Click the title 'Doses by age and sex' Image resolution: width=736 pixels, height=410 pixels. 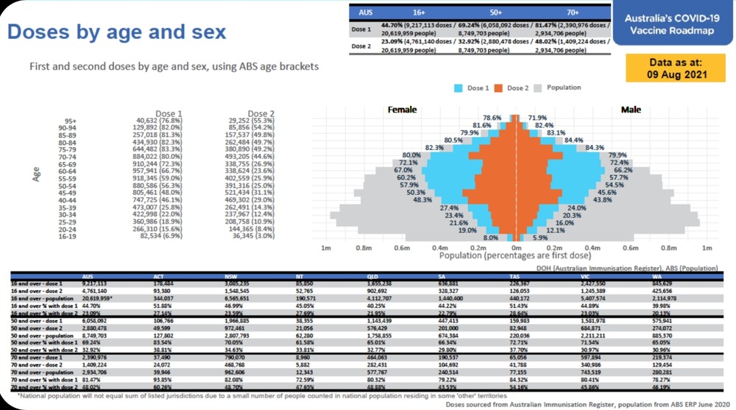click(x=116, y=32)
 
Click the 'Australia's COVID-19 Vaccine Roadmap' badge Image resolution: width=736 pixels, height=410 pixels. click(x=670, y=24)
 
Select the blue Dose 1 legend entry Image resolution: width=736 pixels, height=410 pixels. click(x=470, y=88)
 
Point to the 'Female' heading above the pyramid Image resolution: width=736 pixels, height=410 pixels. click(x=402, y=110)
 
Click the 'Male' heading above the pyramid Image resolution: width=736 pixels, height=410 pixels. click(x=631, y=110)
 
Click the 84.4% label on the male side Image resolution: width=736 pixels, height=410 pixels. click(x=573, y=140)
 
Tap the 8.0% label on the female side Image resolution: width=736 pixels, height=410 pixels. click(x=491, y=238)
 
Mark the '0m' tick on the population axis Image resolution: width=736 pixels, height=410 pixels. click(x=517, y=249)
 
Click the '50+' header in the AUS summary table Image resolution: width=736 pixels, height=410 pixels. click(x=495, y=13)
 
